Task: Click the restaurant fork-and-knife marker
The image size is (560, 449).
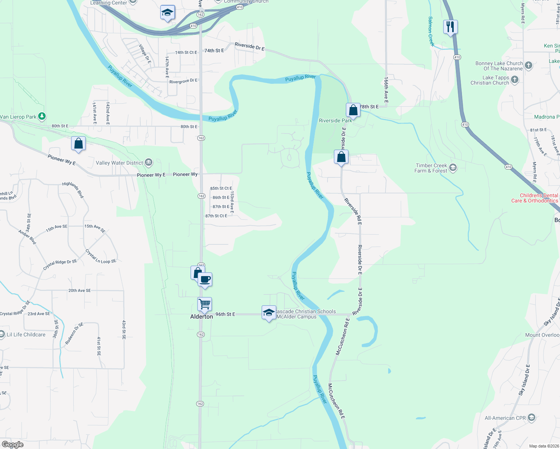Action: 450,27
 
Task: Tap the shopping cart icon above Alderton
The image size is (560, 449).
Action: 204,305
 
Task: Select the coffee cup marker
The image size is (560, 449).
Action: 205,280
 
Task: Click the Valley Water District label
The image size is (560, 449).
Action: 119,163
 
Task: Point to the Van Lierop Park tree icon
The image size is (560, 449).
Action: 42,116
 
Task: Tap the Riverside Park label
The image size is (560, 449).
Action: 335,120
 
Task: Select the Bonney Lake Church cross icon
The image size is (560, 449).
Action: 529,65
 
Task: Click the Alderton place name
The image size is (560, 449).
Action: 201,317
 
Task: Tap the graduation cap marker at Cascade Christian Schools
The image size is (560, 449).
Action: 269,313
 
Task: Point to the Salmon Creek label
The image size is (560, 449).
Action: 431,31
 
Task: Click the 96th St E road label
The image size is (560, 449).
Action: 225,314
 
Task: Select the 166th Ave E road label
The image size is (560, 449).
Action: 386,90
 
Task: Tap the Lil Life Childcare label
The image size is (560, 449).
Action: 26,335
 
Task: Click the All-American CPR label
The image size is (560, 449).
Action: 505,418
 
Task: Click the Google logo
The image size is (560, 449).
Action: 13,445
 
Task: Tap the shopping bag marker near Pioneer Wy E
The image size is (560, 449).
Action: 79,144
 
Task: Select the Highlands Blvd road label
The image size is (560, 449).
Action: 73,190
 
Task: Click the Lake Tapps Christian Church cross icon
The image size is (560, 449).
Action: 515,79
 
